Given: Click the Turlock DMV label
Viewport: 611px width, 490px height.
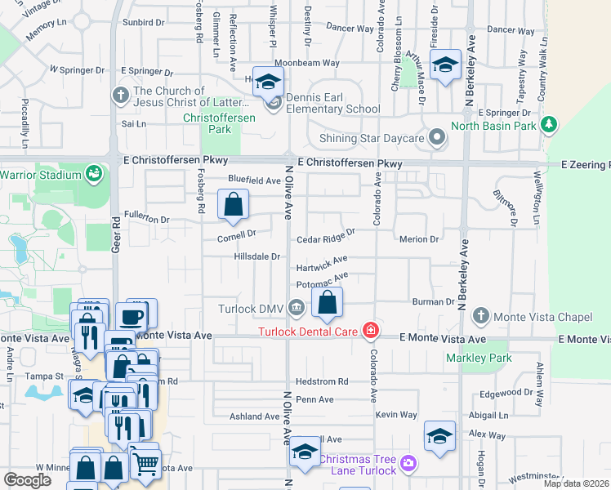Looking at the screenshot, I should [x=250, y=309].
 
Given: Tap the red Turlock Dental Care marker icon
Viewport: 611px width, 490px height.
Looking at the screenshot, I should [x=371, y=331].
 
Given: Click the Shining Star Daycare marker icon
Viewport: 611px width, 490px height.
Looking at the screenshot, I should [x=438, y=138].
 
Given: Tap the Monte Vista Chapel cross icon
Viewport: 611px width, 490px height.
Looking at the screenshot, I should [x=482, y=315].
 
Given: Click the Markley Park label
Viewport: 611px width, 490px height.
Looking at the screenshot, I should [x=478, y=358].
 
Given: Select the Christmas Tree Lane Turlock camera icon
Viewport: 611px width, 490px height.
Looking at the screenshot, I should [x=408, y=464].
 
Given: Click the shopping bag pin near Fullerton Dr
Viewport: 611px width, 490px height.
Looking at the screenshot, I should [x=234, y=204].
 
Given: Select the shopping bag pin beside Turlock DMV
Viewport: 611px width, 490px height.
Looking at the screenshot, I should [x=327, y=303].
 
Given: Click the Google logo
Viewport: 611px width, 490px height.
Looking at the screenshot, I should [x=28, y=480].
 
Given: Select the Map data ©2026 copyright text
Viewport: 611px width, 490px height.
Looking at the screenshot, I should [x=576, y=483].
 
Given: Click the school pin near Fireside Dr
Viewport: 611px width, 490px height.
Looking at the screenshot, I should [x=445, y=65].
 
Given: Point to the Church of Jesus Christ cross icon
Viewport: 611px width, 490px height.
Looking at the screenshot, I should [x=120, y=94].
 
